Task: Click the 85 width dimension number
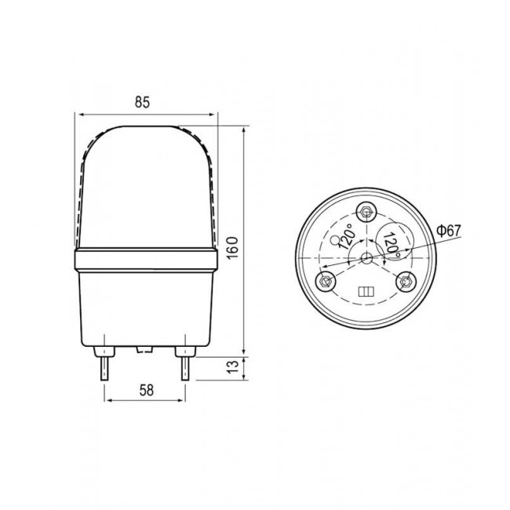[142, 102]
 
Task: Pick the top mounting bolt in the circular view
[367, 212]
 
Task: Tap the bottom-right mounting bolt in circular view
[406, 281]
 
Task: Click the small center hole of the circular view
[366, 257]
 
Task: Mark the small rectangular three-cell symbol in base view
[365, 292]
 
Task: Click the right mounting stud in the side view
[185, 367]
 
